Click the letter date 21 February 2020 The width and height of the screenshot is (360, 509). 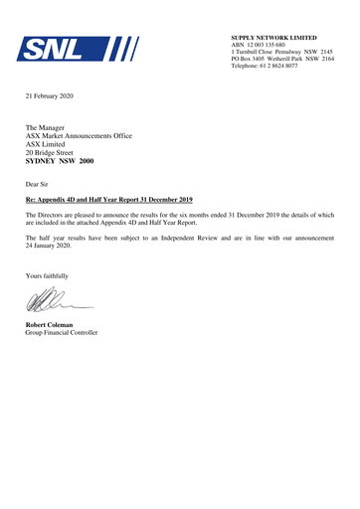tap(50, 95)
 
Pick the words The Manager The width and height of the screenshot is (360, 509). tap(47, 129)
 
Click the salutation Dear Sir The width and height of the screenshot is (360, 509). tap(39, 186)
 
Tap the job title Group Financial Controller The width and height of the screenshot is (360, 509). tap(62, 332)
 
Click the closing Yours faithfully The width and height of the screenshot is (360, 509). tap(49, 273)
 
